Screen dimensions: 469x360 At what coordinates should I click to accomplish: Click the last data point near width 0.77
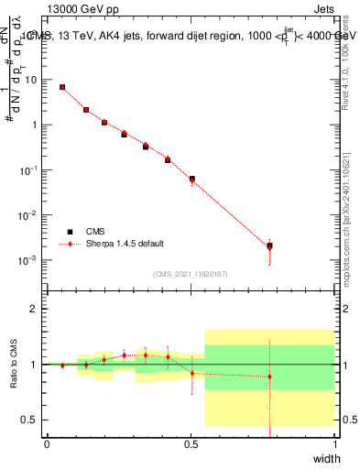tap(269, 245)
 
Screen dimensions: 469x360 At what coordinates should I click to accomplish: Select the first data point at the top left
tap(62, 87)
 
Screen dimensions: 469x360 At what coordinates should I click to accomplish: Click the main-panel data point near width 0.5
tap(191, 179)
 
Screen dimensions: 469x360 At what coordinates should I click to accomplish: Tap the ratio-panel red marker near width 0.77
tap(269, 376)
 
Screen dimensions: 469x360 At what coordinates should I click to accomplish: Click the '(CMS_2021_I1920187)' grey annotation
tap(191, 273)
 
